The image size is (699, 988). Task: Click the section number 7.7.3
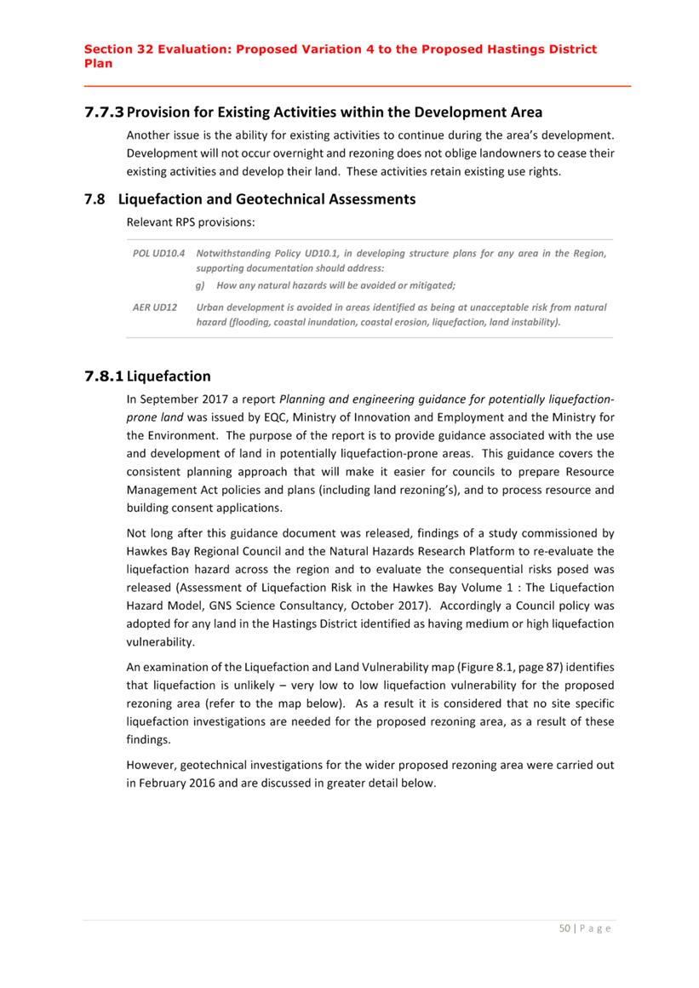tap(104, 112)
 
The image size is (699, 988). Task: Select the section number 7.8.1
tap(104, 376)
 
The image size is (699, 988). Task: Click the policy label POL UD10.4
tap(158, 254)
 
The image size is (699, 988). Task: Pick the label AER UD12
tap(154, 307)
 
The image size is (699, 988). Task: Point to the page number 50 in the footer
tap(564, 928)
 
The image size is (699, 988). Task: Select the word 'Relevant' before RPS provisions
tap(150, 221)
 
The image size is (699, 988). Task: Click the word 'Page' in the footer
tap(595, 928)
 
